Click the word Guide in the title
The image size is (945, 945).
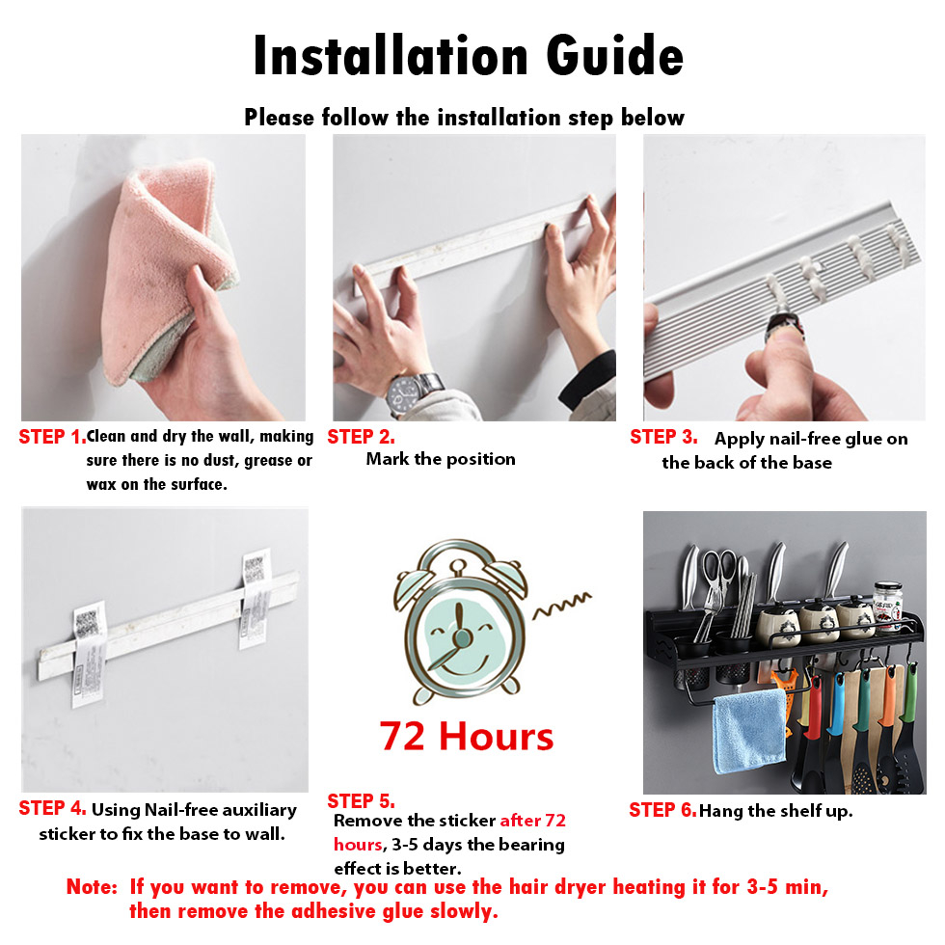tap(615, 56)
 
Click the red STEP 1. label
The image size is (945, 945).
tap(52, 437)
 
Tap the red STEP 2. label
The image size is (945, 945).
tap(361, 437)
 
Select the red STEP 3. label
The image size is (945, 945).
tap(663, 437)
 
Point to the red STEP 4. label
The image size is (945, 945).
tap(52, 808)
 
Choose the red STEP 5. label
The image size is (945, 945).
tap(361, 801)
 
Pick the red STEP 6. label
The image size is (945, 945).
tap(663, 810)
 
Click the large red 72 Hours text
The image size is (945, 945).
tap(467, 737)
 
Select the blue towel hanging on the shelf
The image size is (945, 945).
tap(750, 731)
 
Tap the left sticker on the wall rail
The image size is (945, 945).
tap(89, 654)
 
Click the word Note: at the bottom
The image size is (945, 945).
tap(92, 887)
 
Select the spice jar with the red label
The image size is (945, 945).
tap(888, 607)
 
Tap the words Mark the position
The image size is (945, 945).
tap(441, 459)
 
